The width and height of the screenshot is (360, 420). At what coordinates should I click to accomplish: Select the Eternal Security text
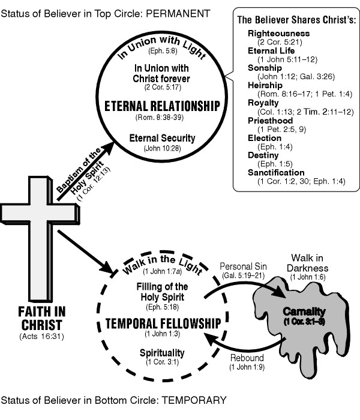[x=162, y=138]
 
